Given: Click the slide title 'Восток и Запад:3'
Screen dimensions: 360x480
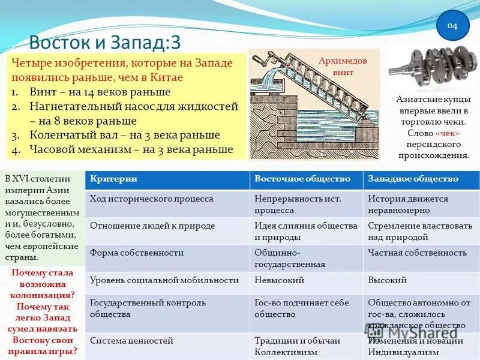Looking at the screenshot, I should coord(105,42).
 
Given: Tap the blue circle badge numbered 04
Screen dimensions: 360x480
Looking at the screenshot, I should coord(451,26).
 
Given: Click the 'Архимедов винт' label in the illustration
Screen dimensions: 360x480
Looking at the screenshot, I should coord(343,67).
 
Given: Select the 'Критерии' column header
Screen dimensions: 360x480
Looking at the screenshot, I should coord(113,179).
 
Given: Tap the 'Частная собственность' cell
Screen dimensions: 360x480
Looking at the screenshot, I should coord(409,253).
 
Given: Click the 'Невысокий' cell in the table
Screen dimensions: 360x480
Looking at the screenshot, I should coord(279,280).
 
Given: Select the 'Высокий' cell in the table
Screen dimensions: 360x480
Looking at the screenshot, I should coord(388,280).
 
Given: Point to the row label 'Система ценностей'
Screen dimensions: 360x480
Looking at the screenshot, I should coord(131,341).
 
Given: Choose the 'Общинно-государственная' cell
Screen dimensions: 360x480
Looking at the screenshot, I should coord(290,258).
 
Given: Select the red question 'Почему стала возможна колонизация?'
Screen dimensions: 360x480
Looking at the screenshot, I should coord(42,284).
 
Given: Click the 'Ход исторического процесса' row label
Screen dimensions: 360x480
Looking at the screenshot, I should coord(151,199).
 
